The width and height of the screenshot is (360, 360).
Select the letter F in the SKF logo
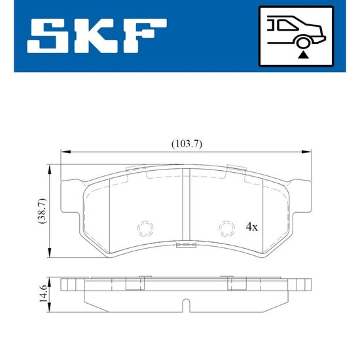[143, 36]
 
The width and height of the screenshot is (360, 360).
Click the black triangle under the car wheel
[303, 55]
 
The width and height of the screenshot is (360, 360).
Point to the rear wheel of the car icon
[304, 43]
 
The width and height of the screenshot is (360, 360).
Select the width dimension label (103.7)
[187, 144]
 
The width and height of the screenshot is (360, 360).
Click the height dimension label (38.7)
[43, 211]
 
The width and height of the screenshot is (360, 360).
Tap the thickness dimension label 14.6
[43, 294]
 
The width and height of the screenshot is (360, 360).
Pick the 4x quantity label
[252, 227]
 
